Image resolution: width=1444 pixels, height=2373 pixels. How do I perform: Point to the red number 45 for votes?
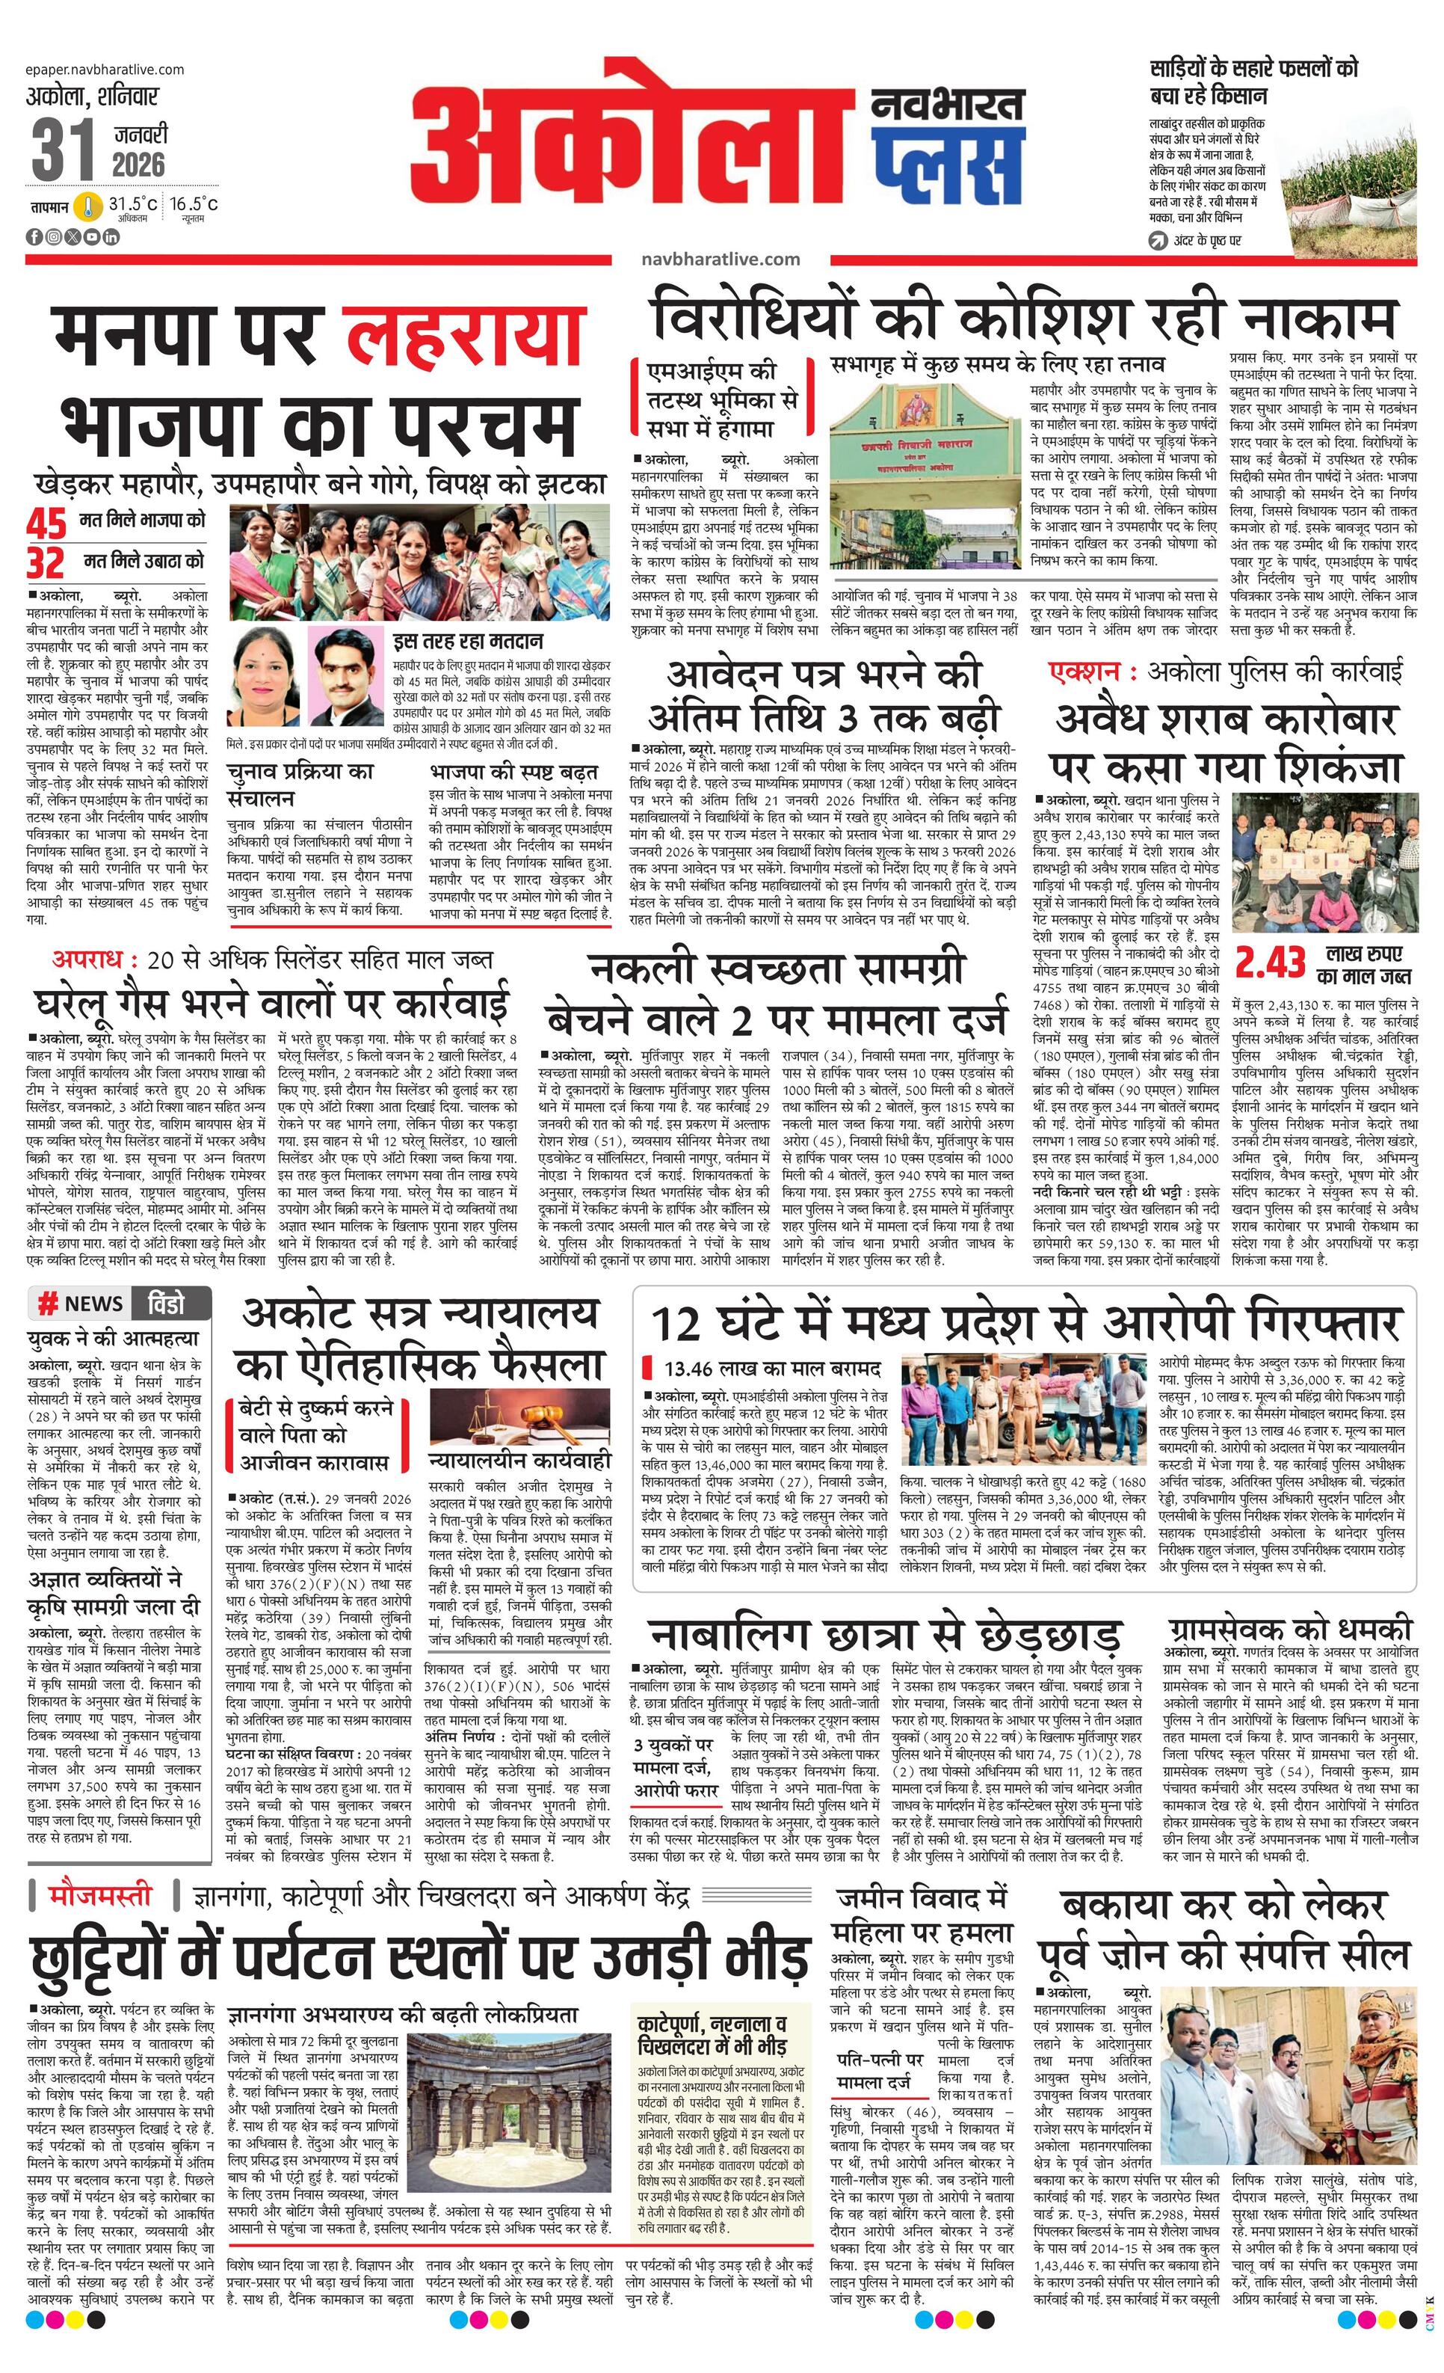tap(46, 524)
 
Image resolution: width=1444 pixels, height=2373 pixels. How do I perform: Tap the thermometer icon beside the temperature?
tap(90, 206)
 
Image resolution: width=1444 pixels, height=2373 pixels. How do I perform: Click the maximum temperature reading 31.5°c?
tap(132, 204)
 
